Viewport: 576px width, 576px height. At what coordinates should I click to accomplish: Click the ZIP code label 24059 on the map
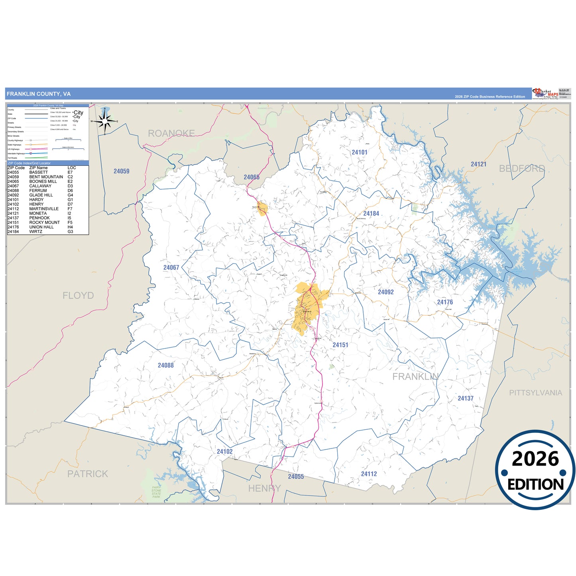122,171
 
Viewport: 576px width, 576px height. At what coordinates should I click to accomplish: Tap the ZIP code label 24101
360,152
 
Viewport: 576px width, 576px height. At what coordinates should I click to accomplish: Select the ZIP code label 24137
466,399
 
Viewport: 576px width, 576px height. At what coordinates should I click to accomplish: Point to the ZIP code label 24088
166,366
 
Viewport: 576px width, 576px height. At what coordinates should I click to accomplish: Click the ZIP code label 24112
369,474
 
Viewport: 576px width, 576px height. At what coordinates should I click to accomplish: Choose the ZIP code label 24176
445,302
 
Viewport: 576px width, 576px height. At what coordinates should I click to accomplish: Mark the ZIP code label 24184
371,214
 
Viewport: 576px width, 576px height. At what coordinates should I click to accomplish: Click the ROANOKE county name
171,134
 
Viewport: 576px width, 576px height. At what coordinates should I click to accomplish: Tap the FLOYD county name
78,296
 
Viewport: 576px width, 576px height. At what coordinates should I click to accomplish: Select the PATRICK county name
88,474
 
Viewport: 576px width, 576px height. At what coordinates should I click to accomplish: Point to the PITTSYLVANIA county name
536,393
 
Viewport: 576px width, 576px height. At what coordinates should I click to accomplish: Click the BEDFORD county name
522,169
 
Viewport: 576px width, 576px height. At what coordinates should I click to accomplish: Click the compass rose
105,121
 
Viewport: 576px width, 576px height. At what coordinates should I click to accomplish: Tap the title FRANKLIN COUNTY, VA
39,94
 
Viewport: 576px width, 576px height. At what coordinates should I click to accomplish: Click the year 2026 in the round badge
535,459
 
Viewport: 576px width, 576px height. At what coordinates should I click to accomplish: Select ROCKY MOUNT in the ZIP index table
44,222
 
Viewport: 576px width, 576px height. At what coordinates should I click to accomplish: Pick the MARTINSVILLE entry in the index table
44,209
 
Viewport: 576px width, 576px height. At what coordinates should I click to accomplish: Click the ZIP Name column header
38,168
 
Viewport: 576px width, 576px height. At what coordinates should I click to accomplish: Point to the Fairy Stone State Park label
156,492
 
